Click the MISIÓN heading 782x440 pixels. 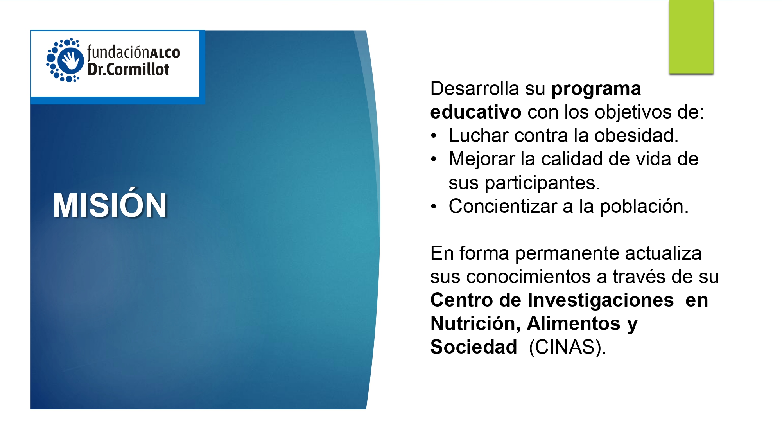click(110, 204)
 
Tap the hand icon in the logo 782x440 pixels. click(70, 60)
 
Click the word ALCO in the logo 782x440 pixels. click(165, 53)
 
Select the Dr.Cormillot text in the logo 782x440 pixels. click(128, 69)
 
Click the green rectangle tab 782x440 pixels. click(691, 37)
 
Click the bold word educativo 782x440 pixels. click(476, 112)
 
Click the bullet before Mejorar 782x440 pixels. click(433, 160)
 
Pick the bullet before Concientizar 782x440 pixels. click(433, 207)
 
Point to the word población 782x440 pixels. click(644, 206)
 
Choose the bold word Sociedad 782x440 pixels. click(474, 347)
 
